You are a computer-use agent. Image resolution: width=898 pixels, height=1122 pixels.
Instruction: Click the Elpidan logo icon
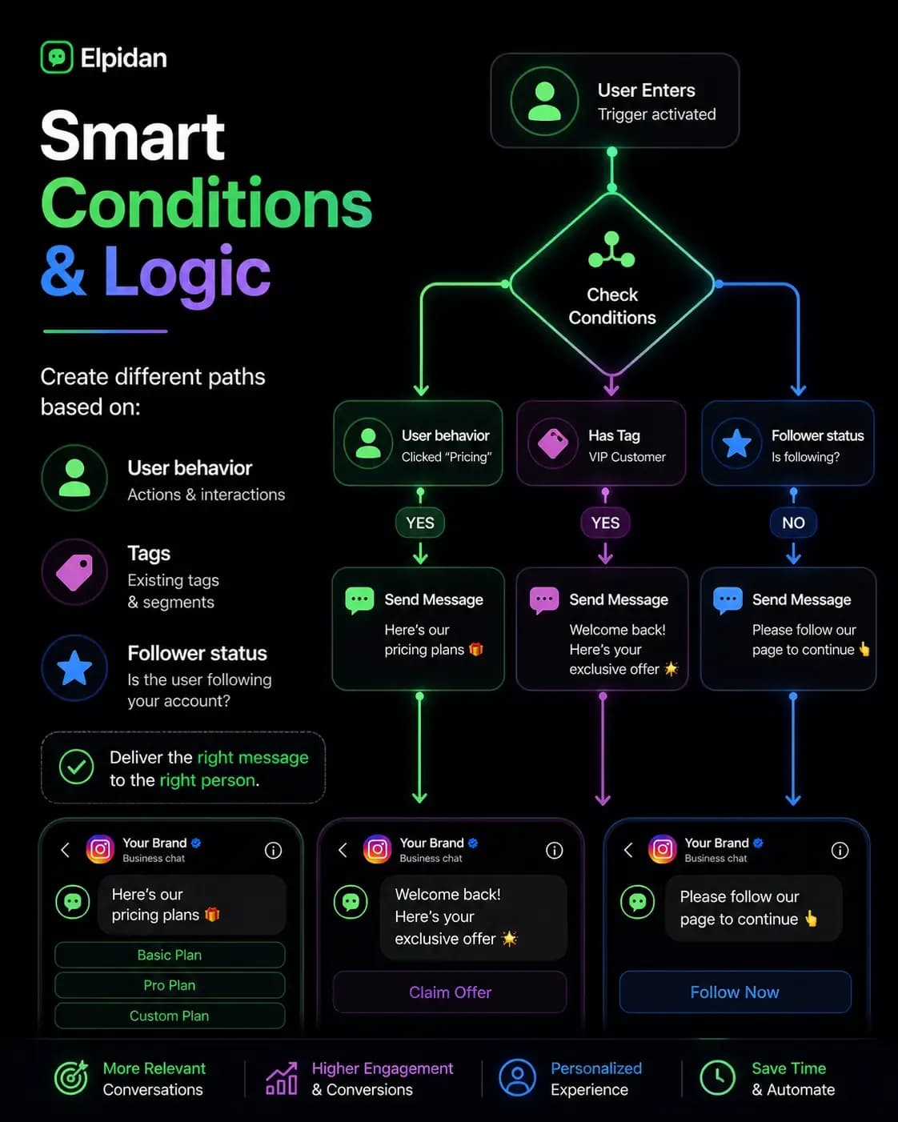(x=57, y=58)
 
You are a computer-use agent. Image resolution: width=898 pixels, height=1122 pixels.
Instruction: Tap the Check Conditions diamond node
(x=612, y=284)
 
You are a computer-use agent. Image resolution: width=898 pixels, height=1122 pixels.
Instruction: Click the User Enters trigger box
(x=615, y=100)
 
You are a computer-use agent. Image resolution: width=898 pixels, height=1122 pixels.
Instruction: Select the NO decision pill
(x=793, y=523)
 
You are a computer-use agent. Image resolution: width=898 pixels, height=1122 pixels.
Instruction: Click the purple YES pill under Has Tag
(x=605, y=523)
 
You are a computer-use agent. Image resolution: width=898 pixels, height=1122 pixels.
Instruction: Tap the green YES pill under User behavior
(x=420, y=523)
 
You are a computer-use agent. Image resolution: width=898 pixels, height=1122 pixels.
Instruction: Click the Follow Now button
(x=736, y=992)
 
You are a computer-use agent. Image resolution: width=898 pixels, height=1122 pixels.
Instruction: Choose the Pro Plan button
(x=170, y=985)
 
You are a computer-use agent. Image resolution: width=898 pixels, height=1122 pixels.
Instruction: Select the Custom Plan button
(x=170, y=1016)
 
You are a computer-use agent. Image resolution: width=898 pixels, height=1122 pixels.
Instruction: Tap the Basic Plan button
(x=170, y=955)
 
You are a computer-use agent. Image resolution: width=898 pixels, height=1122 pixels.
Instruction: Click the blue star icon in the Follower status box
(x=736, y=443)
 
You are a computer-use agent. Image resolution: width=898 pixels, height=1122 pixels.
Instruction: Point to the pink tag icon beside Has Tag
(x=553, y=443)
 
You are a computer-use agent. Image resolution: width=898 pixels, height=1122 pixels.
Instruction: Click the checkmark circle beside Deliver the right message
(x=77, y=767)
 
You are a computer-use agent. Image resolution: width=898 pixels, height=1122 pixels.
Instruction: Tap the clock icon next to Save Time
(x=718, y=1078)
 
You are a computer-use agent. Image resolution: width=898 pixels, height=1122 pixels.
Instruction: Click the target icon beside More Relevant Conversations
(x=71, y=1077)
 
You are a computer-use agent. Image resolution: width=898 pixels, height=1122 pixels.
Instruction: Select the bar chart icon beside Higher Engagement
(x=282, y=1078)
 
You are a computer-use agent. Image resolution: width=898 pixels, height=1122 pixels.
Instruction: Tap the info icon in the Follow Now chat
(x=840, y=851)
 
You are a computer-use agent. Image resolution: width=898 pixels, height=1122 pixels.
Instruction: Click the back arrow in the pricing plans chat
(x=65, y=851)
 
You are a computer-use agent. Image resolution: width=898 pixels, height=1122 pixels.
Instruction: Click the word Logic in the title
(x=186, y=274)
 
